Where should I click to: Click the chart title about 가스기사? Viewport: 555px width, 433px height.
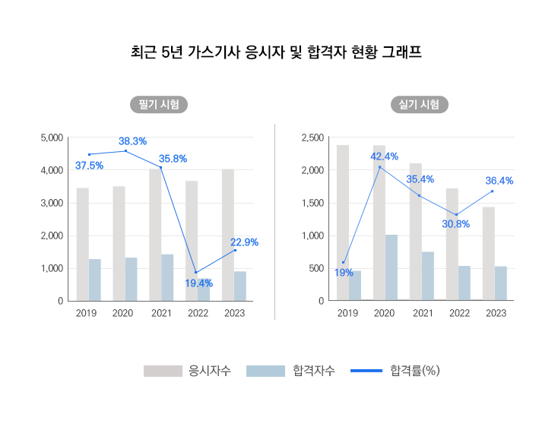pos(277,52)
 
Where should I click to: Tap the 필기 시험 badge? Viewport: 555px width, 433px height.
pos(158,105)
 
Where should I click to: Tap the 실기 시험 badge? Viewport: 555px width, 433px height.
pos(419,105)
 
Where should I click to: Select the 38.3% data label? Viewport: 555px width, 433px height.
pos(132,141)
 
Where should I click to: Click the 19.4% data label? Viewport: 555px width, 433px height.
pos(198,283)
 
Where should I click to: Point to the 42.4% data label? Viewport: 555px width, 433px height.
pos(384,156)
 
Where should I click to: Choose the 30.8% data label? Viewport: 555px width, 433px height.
pos(455,224)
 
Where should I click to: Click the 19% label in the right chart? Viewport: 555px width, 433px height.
pos(344,273)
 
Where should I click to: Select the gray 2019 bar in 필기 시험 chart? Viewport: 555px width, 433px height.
pos(82,244)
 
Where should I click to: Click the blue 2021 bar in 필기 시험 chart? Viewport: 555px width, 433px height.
pos(167,277)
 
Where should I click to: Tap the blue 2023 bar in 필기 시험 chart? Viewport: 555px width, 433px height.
pos(240,286)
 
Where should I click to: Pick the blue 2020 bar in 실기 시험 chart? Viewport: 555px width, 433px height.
pos(392,267)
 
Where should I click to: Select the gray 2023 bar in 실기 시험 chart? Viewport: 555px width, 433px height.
pos(488,254)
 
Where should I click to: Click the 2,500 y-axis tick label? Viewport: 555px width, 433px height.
pos(312,137)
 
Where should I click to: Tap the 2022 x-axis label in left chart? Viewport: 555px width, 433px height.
pos(198,313)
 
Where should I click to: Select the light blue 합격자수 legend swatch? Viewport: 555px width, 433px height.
pos(267,371)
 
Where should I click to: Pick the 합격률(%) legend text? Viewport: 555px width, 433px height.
pos(415,371)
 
